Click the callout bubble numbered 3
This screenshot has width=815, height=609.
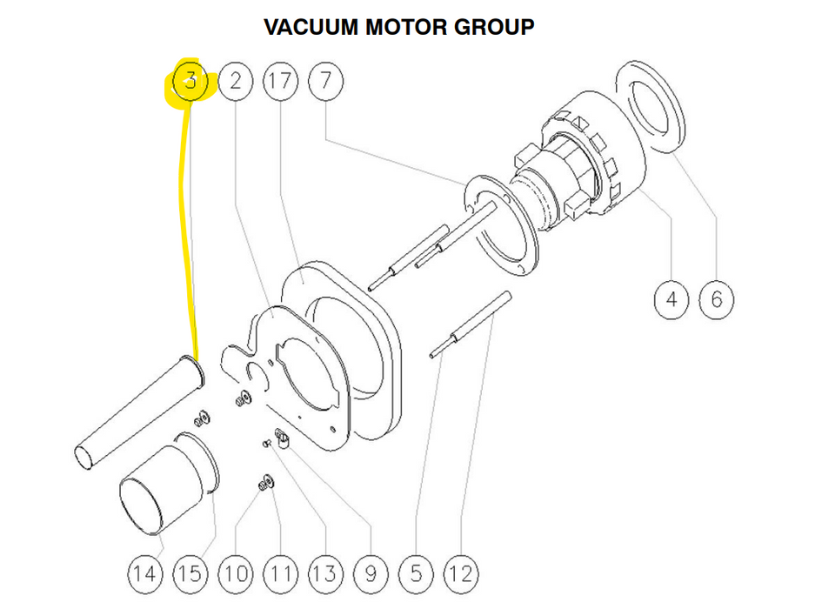[x=190, y=83]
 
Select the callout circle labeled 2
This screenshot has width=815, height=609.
[x=236, y=83]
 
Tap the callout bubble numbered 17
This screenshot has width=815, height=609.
[x=280, y=83]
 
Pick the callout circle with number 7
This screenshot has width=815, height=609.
[x=326, y=83]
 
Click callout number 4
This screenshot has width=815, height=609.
[x=671, y=300]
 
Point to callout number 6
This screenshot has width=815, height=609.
[x=717, y=300]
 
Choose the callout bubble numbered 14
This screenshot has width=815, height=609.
[x=145, y=573]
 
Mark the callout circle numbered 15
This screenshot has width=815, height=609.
[x=190, y=573]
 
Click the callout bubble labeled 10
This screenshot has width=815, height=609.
[x=235, y=573]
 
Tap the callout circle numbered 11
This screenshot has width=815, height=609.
[x=280, y=573]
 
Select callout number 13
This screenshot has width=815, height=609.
[x=325, y=573]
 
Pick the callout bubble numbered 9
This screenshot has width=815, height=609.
[x=371, y=573]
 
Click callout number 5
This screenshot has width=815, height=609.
[x=417, y=573]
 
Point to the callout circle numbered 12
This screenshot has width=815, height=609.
[x=462, y=573]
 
